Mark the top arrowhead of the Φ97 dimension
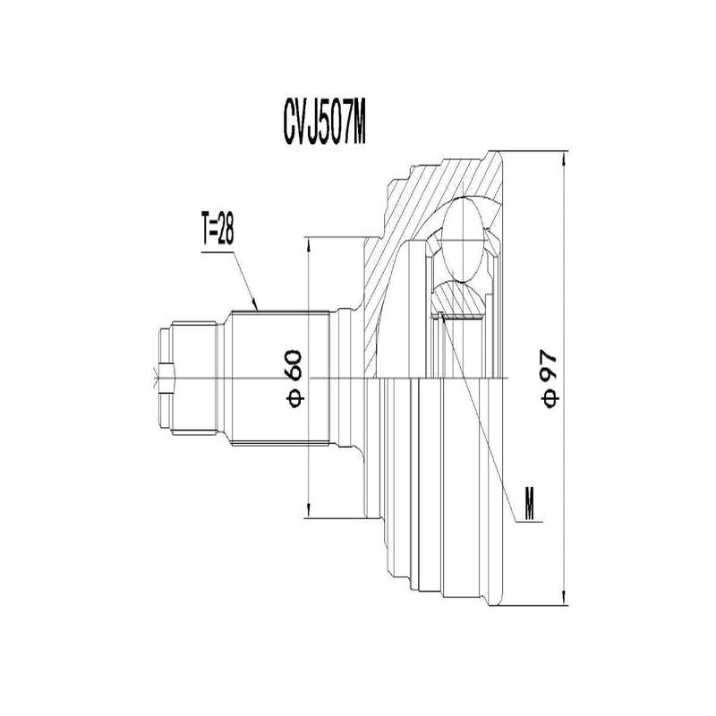point(564,160)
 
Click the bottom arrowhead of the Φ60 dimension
point(308,512)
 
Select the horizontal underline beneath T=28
point(215,250)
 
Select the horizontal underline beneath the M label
point(529,522)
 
